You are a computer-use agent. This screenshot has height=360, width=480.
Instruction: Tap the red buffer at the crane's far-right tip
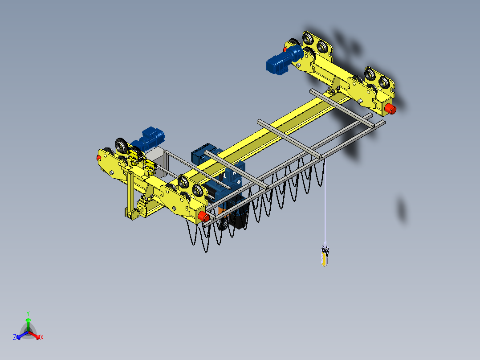point(391,108)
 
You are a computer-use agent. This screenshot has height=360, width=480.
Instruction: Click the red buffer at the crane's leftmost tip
point(98,157)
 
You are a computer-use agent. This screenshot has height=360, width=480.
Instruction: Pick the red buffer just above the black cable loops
point(204,217)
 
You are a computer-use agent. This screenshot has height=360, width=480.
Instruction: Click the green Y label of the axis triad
point(28,313)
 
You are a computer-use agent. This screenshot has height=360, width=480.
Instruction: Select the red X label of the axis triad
point(42,338)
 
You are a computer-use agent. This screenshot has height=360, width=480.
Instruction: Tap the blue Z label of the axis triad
point(15,337)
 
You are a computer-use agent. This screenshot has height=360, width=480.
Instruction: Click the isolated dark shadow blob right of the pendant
point(402,209)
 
